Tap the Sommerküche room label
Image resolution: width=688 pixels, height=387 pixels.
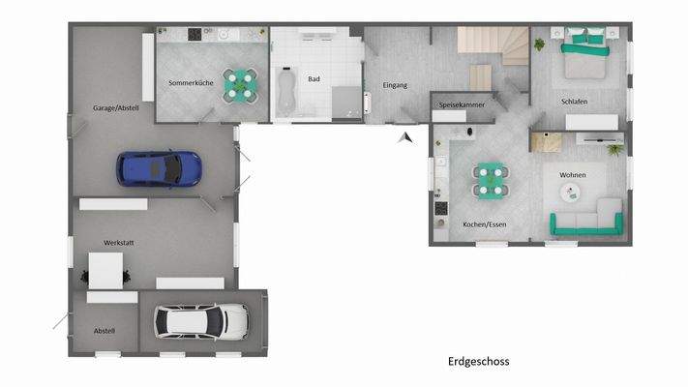coord(191,83)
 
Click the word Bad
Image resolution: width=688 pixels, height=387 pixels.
coord(314,78)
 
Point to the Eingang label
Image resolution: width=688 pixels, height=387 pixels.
coord(395,85)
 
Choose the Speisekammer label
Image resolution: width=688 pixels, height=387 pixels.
coord(462,104)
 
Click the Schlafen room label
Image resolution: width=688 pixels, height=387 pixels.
coord(574,102)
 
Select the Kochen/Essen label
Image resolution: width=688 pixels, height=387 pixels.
coord(484,224)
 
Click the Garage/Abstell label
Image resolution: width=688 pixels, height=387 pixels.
coord(116,107)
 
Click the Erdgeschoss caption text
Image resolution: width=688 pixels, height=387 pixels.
coord(478,362)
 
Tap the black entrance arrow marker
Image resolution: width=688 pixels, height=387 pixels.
coord(406,137)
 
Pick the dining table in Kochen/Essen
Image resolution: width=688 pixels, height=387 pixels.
coord(489,177)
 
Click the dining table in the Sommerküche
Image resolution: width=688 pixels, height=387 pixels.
coord(238,84)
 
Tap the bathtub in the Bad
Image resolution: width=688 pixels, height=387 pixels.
coord(286,88)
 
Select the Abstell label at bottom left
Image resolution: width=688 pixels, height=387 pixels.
coord(105,331)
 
